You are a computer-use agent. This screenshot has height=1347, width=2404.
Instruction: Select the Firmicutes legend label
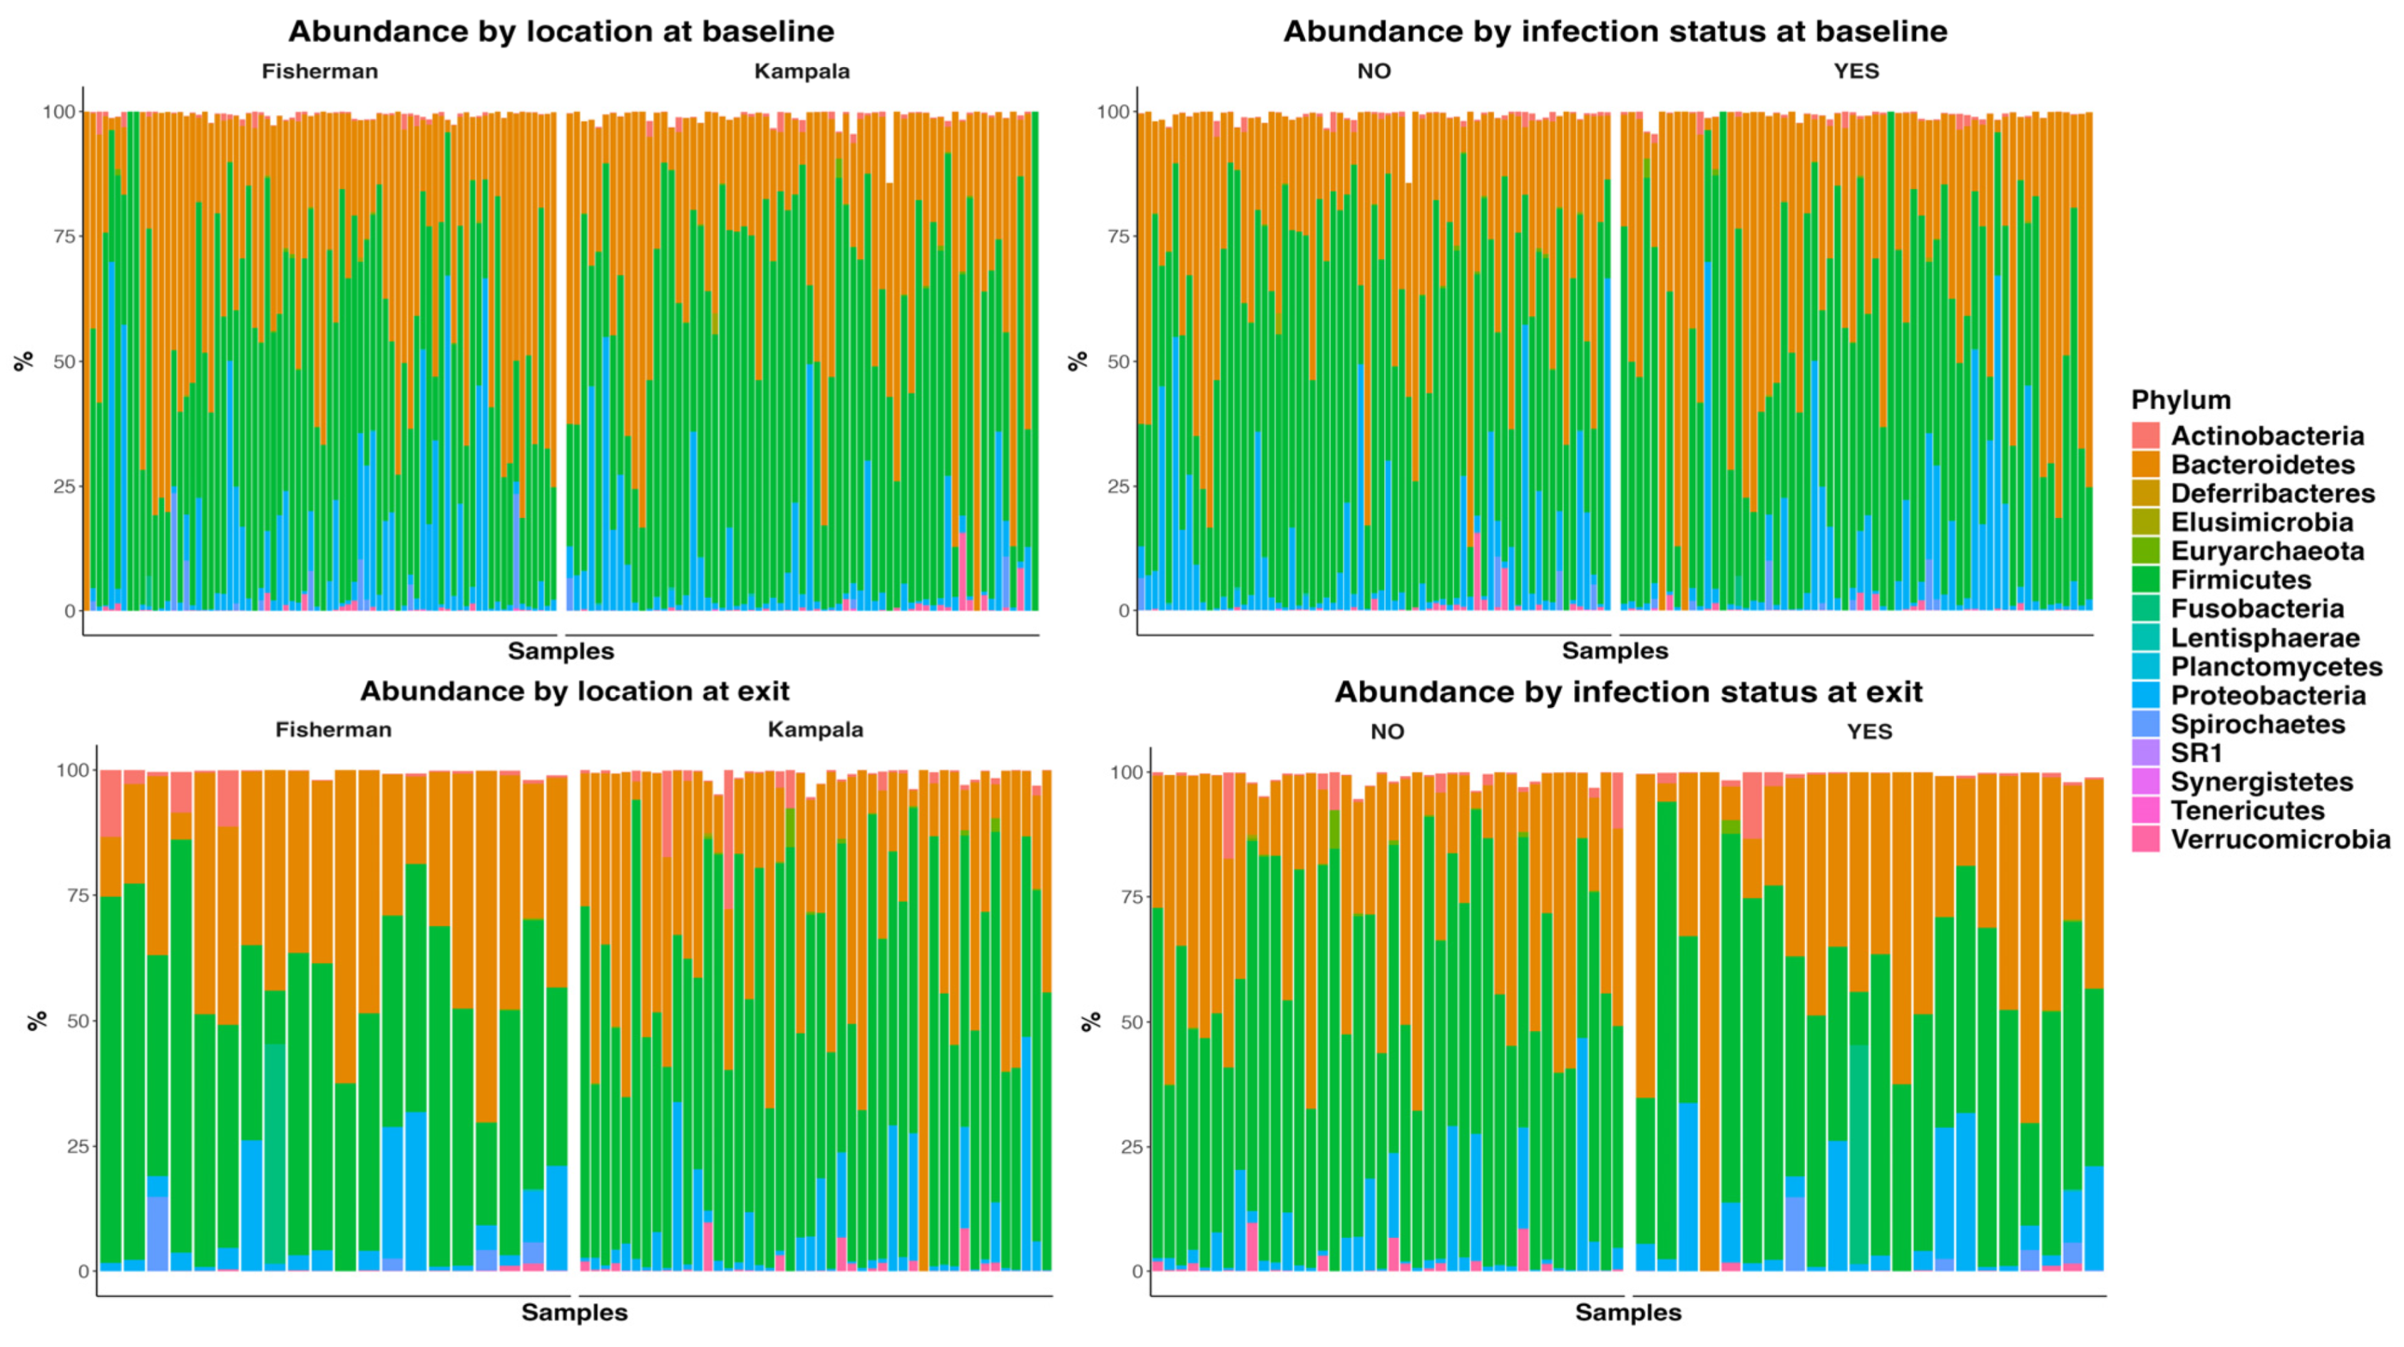[x=2240, y=580]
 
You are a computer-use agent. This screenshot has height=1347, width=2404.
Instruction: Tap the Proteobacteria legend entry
[x=2268, y=696]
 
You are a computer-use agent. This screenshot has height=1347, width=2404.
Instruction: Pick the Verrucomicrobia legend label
[x=2280, y=839]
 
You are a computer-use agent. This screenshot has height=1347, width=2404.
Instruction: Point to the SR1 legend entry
[x=2195, y=753]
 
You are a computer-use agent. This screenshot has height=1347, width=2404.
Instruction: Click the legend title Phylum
[x=2180, y=400]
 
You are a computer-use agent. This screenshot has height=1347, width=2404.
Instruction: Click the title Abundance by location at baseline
[x=561, y=31]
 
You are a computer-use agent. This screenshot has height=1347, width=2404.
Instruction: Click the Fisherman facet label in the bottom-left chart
[x=333, y=730]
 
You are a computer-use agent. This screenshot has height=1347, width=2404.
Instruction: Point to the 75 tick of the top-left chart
[x=63, y=236]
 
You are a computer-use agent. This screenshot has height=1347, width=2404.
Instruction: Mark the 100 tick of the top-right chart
[x=1114, y=112]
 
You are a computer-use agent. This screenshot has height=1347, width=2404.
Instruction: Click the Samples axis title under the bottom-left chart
[x=574, y=1313]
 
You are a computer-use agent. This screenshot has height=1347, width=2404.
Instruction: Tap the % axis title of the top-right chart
[x=1077, y=360]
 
